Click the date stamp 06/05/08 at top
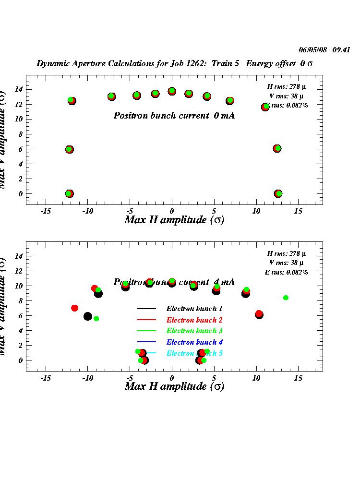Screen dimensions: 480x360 pos(312,49)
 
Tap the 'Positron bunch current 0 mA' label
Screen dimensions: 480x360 pos(174,116)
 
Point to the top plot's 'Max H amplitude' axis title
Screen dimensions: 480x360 pos(174,220)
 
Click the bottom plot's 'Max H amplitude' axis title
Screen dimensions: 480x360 pos(174,386)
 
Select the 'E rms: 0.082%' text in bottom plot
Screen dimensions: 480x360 pos(287,272)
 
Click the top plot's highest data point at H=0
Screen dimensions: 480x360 pos(172,91)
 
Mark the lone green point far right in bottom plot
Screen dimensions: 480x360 pos(286,298)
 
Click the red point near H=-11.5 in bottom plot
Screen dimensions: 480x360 pos(74,308)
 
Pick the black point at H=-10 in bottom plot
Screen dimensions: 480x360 pos(87,316)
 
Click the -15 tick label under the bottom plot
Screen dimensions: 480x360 pos(46,378)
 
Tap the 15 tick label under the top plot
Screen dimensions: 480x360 pos(298,211)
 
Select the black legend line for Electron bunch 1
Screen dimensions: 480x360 pos(146,309)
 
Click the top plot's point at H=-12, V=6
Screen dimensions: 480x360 pos(69,149)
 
